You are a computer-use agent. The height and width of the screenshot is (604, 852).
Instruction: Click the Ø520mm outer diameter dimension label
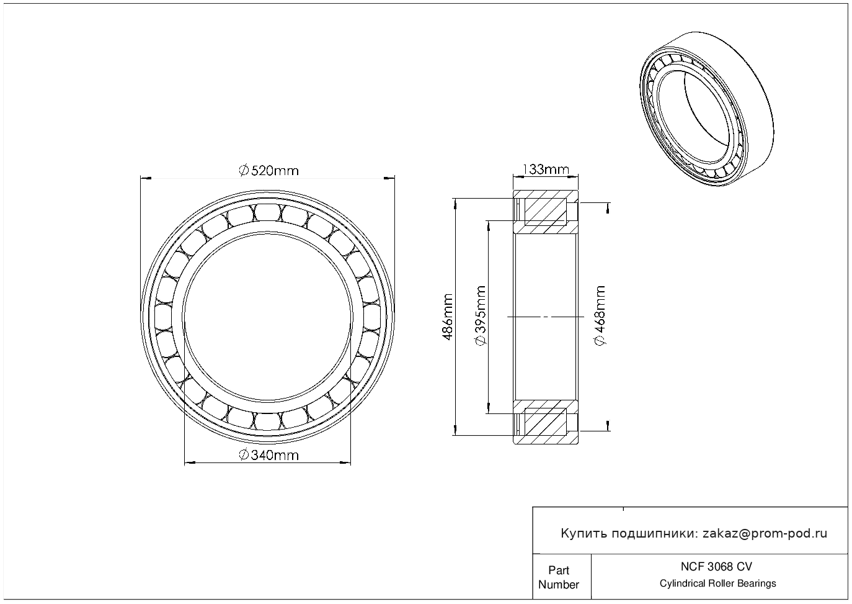click(268, 170)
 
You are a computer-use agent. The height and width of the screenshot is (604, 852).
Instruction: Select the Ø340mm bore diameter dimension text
click(268, 455)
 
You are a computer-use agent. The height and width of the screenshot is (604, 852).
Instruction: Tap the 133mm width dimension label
click(546, 169)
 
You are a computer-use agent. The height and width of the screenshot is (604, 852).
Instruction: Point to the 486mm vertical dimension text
click(447, 317)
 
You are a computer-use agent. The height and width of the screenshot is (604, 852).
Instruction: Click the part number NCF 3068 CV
click(717, 566)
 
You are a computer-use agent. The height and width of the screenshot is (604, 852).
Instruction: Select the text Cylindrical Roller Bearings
click(717, 584)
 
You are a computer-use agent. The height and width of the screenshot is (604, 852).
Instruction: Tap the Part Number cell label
click(558, 577)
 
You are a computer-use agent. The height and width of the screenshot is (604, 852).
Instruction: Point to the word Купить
click(584, 533)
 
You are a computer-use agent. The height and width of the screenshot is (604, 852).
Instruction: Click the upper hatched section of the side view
click(546, 212)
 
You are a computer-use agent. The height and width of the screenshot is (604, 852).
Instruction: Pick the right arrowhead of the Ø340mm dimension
click(347, 462)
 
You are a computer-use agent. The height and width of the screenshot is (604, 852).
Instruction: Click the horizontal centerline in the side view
click(546, 317)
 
